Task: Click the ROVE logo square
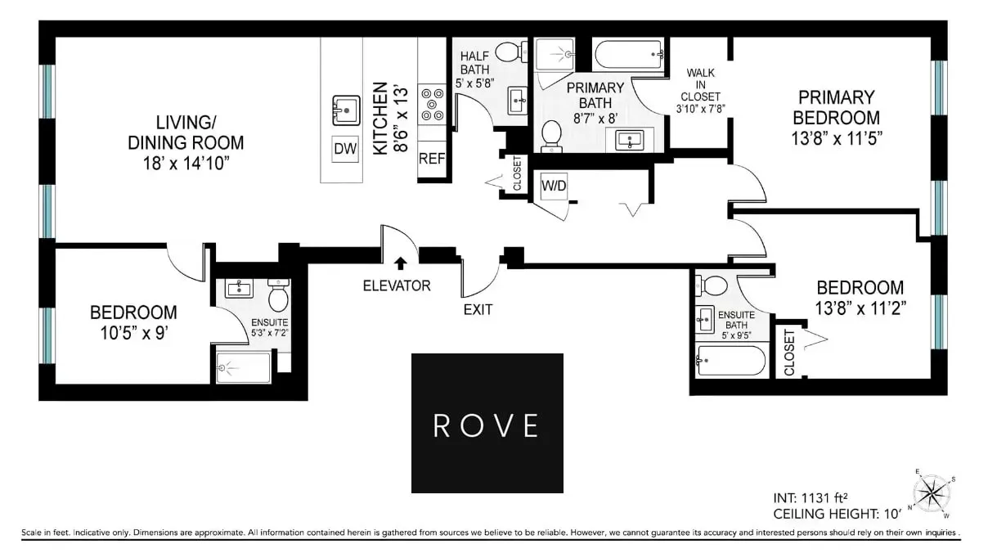click(487, 423)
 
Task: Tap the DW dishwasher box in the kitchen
click(344, 149)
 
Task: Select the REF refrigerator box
click(431, 159)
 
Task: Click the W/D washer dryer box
click(554, 187)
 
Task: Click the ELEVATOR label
click(397, 285)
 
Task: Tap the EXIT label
click(478, 309)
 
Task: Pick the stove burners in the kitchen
click(431, 105)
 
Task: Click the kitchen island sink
click(347, 109)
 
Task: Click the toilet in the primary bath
click(552, 134)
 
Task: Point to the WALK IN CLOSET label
click(700, 90)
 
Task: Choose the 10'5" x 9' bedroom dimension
click(132, 333)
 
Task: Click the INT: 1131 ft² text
click(811, 497)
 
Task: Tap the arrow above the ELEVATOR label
click(401, 263)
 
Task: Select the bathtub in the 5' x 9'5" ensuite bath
click(730, 360)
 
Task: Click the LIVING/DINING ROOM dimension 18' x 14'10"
click(186, 163)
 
